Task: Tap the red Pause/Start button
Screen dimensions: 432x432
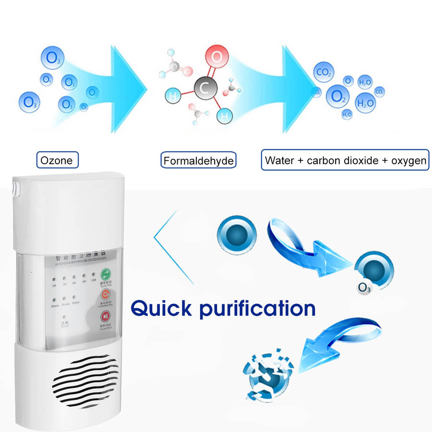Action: click(x=105, y=317)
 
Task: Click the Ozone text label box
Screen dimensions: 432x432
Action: click(x=57, y=160)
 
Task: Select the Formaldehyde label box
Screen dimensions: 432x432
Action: click(x=199, y=160)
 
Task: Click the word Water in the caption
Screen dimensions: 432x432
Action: click(x=280, y=160)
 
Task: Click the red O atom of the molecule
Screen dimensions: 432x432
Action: click(x=216, y=58)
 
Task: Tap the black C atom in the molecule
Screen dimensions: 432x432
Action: click(x=204, y=88)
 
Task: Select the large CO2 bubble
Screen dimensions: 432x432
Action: click(x=323, y=73)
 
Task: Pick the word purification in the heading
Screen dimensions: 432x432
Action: click(x=257, y=308)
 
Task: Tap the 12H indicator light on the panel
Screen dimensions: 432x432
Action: click(x=94, y=276)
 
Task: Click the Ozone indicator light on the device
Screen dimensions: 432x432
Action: click(x=65, y=317)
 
